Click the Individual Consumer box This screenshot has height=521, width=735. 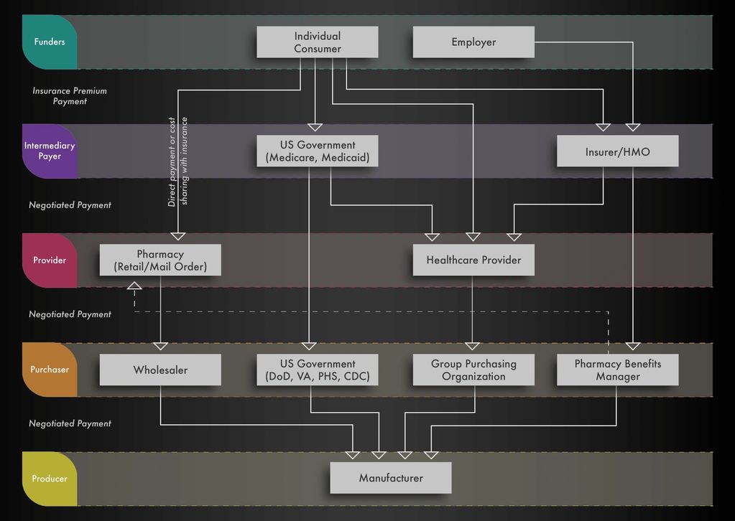(x=318, y=42)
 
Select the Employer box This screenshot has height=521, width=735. (x=473, y=42)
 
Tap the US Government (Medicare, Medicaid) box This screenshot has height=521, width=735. (x=318, y=151)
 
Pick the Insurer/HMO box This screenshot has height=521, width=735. (x=617, y=151)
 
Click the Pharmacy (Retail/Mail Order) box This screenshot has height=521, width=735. (x=160, y=260)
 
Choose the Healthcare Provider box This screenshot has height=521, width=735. (x=473, y=260)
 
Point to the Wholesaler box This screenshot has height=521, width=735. (x=160, y=370)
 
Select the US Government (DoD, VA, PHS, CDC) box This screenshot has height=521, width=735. (x=318, y=370)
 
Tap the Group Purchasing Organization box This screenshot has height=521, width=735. (x=473, y=370)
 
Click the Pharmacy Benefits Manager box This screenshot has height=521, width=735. (x=617, y=370)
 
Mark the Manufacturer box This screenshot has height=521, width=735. (x=391, y=478)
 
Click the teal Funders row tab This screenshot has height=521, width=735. (x=50, y=42)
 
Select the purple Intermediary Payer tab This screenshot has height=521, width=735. (x=50, y=151)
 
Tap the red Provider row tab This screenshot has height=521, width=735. (x=50, y=260)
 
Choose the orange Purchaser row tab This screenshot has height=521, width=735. (x=50, y=370)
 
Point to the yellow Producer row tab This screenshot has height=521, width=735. (x=50, y=479)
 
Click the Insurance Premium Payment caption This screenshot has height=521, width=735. (x=70, y=96)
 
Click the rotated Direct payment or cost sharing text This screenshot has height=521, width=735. (x=177, y=161)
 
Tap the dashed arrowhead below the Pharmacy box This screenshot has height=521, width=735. (x=134, y=286)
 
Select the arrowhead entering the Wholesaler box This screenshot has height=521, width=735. (x=160, y=346)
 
